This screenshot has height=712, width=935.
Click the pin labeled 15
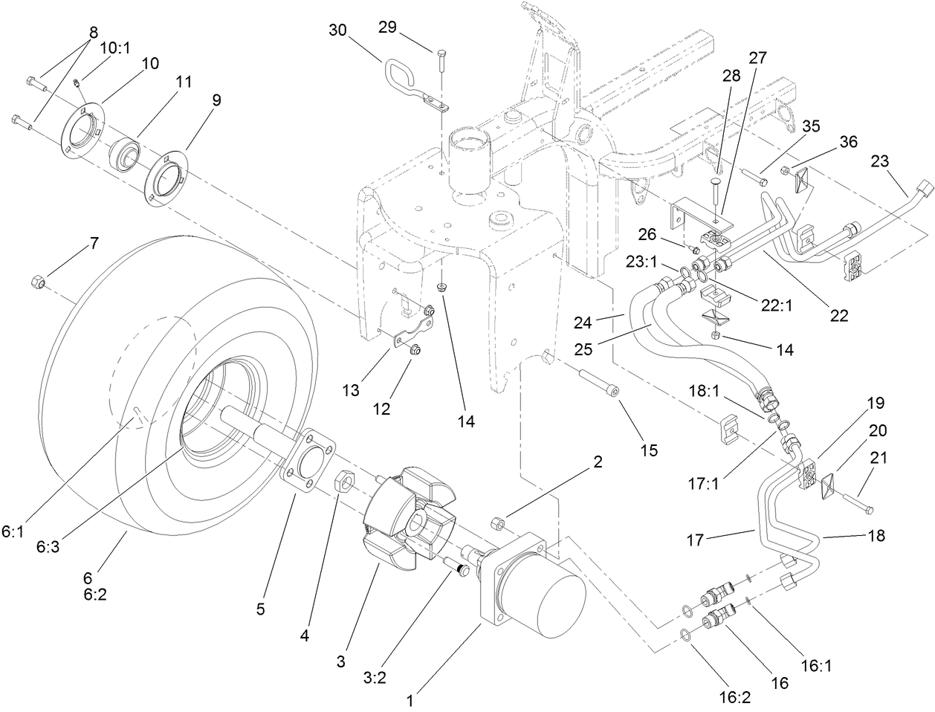[x=598, y=379]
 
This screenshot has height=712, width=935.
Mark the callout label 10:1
[x=114, y=48]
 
